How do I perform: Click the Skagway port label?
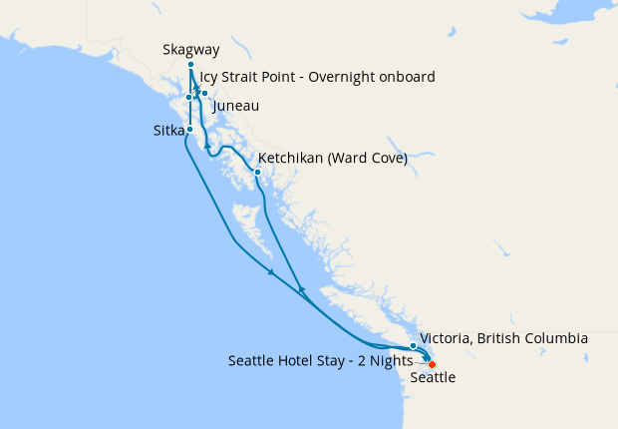[191, 50]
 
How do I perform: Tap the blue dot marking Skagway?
[190, 66]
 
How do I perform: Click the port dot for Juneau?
[204, 94]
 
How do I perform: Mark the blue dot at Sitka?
[189, 130]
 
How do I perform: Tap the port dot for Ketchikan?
[257, 172]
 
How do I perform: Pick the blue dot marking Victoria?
[413, 346]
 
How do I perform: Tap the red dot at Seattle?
[432, 364]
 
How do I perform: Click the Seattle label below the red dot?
[433, 378]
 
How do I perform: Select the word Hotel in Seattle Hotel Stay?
[301, 360]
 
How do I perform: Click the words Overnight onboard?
[375, 77]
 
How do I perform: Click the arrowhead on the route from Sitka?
[270, 271]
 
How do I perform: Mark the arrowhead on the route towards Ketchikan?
[300, 289]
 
